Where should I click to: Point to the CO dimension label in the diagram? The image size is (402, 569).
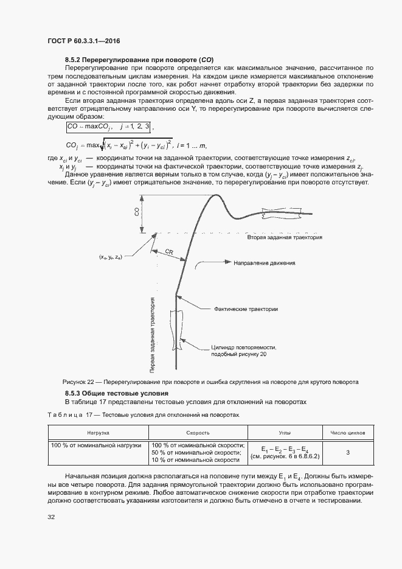(x=136, y=211)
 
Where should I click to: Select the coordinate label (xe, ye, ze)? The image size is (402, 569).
(x=111, y=257)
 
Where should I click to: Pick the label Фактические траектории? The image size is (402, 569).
(x=246, y=309)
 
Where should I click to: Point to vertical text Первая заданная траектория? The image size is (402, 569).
(x=152, y=334)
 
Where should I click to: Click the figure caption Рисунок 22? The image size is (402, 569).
(x=210, y=382)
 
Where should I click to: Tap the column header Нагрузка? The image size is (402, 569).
(x=97, y=433)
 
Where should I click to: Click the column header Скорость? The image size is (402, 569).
(x=198, y=433)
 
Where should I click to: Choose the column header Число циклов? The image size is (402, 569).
(x=347, y=433)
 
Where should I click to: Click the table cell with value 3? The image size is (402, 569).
(x=347, y=452)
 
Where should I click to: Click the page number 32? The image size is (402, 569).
(x=51, y=517)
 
